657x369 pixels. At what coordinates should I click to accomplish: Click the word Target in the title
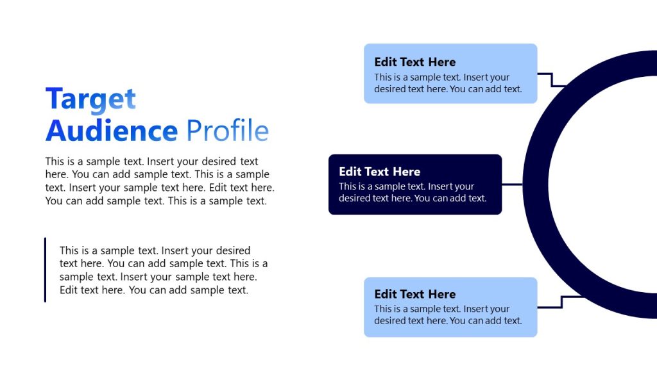pyautogui.click(x=90, y=99)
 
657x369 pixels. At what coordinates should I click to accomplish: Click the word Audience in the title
pyautogui.click(x=111, y=131)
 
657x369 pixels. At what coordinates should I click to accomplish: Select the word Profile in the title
pyautogui.click(x=227, y=131)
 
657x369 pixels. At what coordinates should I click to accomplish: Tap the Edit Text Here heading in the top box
pyautogui.click(x=414, y=62)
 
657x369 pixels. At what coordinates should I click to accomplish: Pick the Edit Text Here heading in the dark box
pyautogui.click(x=379, y=172)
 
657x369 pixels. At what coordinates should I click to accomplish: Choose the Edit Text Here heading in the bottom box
pyautogui.click(x=414, y=294)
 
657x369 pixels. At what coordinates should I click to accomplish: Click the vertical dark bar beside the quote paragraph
pyautogui.click(x=45, y=270)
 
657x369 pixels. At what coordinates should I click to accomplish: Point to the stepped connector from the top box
pyautogui.click(x=552, y=79)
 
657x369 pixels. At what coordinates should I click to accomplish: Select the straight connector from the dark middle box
pyautogui.click(x=512, y=184)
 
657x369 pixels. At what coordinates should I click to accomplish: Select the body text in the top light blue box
pyautogui.click(x=448, y=83)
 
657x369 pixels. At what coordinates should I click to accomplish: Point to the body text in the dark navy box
pyautogui.click(x=413, y=192)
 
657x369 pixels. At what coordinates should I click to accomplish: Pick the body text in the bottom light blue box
pyautogui.click(x=448, y=315)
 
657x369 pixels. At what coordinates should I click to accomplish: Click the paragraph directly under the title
pyautogui.click(x=160, y=181)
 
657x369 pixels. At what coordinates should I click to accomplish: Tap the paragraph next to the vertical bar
pyautogui.click(x=164, y=270)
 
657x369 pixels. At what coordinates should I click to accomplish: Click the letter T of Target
pyautogui.click(x=55, y=99)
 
